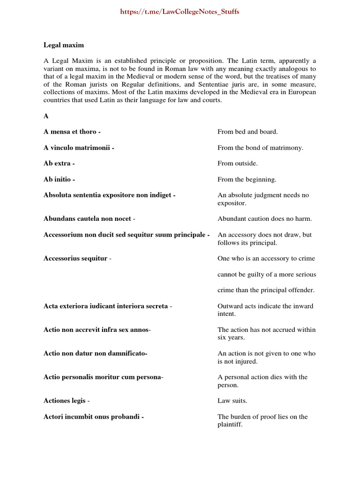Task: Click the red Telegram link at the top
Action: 180,12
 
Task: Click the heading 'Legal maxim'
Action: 64,45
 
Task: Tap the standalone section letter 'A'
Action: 46,116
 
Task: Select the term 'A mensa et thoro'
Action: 70,132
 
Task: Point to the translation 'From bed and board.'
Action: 247,132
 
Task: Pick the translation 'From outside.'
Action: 237,164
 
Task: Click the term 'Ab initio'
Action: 58,180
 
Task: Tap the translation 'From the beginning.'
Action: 247,180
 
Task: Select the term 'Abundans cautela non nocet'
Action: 87,218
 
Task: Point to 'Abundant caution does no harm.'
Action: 264,218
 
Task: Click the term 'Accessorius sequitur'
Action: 75,258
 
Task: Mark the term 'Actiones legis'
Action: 65,401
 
